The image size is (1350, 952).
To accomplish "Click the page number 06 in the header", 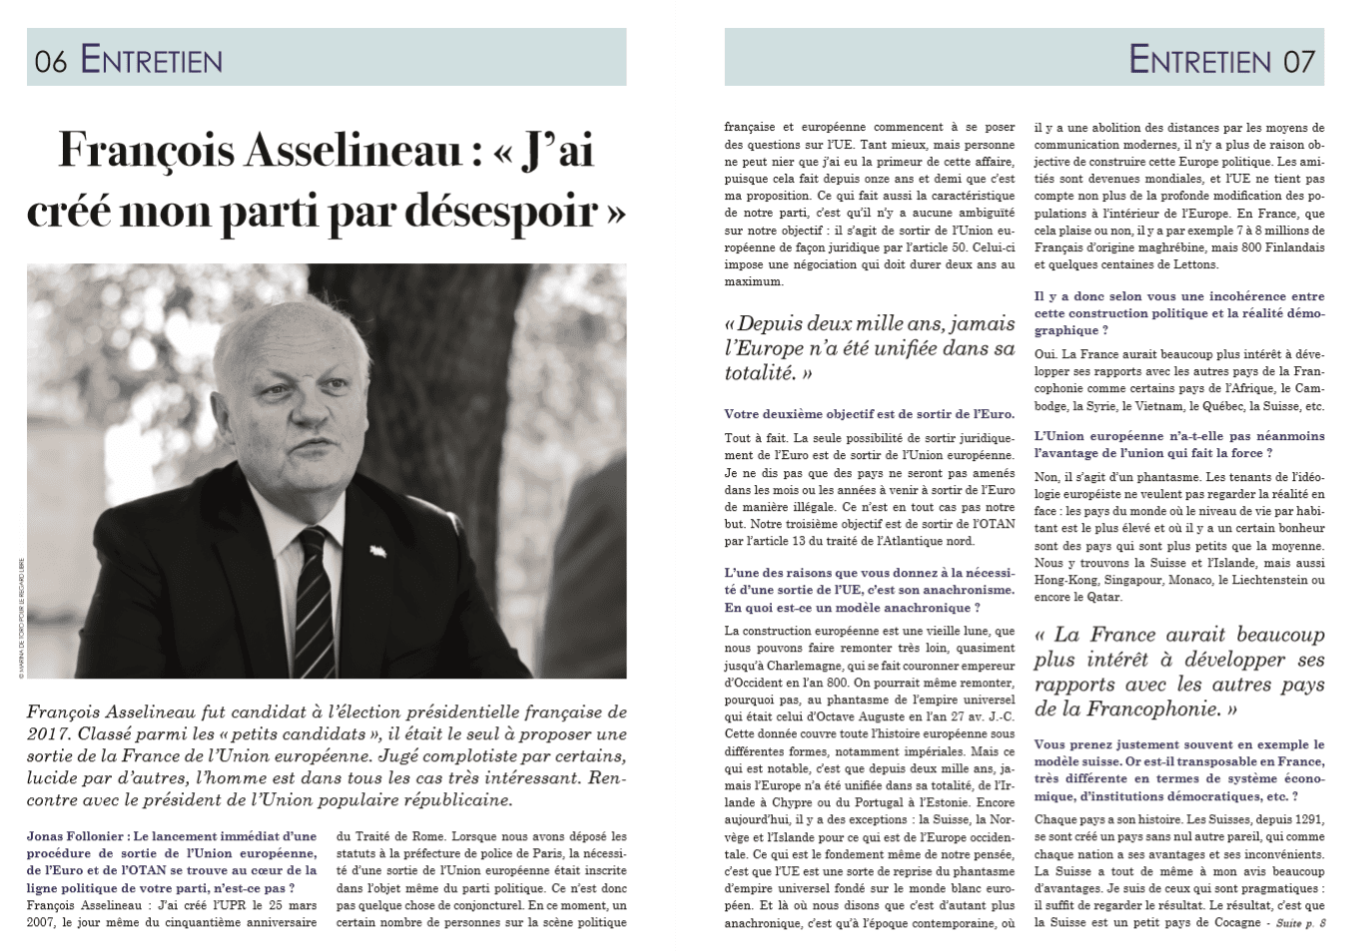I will [50, 62].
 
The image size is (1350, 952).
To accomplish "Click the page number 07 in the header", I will [1298, 62].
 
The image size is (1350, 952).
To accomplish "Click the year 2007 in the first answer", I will [44, 922].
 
